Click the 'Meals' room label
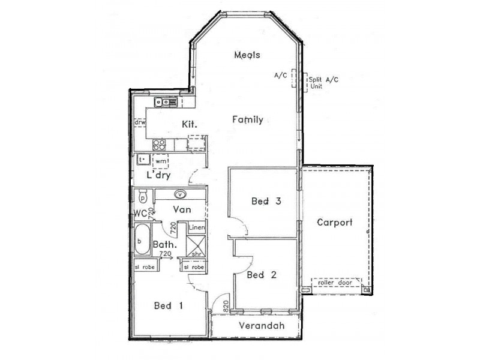247,55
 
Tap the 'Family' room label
247,119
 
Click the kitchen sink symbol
164,102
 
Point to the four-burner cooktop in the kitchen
160,144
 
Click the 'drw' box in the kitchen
140,122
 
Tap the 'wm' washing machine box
160,161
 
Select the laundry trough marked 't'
143,160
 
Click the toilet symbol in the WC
143,196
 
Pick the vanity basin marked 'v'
181,194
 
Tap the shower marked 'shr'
197,247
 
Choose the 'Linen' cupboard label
197,228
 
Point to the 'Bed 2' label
262,275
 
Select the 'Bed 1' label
169,306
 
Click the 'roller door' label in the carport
336,282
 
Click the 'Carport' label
334,223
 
